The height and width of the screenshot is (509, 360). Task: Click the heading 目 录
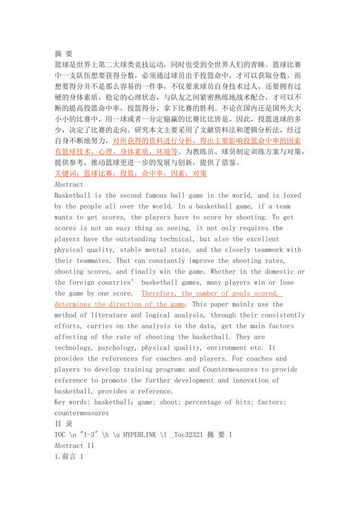63,424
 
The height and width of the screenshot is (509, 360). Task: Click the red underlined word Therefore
159,294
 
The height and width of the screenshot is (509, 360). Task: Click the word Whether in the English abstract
223,272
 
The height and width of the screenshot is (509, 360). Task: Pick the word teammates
94,261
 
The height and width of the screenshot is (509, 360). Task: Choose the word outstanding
134,239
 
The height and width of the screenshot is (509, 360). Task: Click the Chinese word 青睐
258,65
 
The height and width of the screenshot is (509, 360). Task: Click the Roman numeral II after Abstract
91,446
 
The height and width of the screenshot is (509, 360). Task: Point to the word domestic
279,272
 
